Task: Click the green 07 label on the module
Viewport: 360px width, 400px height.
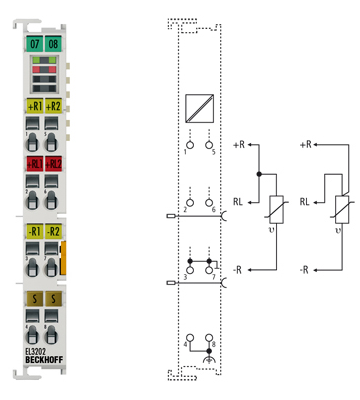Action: tap(34, 44)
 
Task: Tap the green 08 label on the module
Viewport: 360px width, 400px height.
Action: tap(52, 44)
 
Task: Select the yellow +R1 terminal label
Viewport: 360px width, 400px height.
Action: tap(34, 105)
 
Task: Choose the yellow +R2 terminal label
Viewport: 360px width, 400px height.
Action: tap(52, 105)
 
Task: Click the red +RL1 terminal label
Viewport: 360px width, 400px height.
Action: tap(34, 163)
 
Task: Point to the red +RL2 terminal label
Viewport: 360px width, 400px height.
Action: tap(52, 163)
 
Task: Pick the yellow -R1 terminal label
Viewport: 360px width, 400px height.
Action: tap(34, 232)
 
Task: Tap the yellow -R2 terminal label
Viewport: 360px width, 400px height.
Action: tap(52, 232)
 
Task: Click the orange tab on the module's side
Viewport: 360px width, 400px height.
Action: tap(65, 256)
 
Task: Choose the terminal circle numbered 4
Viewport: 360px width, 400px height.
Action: tap(186, 337)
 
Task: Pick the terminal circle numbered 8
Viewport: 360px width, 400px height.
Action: tap(210, 337)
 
